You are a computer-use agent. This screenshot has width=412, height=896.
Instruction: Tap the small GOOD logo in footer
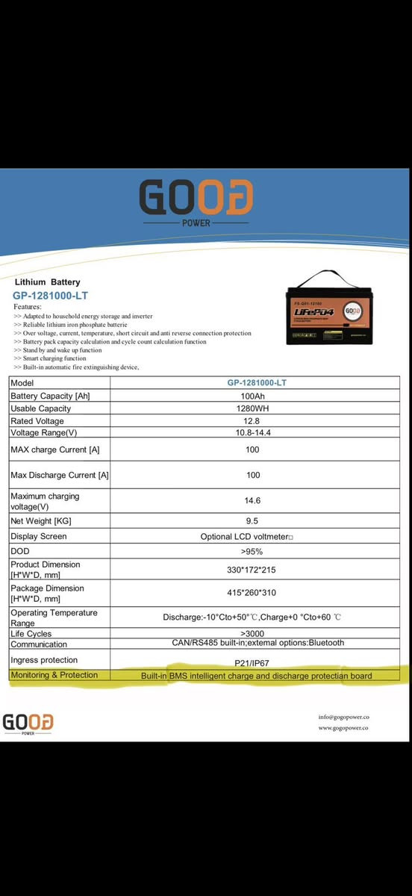point(28,723)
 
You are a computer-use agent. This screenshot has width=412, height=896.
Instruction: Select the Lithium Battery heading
point(47,282)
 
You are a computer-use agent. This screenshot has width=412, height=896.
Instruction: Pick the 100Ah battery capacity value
point(252,396)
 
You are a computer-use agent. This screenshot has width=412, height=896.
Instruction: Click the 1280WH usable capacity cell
point(252,408)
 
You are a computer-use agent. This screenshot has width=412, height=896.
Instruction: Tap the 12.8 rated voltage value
point(252,421)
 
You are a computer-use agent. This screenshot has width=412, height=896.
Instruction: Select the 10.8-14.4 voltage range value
point(252,433)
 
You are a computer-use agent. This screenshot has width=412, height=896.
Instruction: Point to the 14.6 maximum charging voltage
point(252,500)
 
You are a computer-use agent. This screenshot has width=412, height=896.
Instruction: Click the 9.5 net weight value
point(252,520)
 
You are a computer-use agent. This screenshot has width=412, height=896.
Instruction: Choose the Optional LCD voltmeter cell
point(247,537)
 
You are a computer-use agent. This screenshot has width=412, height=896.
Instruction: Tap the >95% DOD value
point(252,551)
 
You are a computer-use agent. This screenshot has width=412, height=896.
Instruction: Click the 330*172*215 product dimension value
point(252,570)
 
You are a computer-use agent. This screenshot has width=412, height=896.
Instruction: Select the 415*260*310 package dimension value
point(252,593)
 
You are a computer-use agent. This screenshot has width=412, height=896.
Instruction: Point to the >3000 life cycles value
point(252,633)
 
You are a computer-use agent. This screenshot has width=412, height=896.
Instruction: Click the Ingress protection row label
point(44,660)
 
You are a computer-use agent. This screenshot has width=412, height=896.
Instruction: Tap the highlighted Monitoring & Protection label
point(54,675)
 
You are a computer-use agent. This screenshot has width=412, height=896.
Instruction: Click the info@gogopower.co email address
point(343,717)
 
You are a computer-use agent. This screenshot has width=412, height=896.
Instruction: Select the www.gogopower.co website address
point(343,727)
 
